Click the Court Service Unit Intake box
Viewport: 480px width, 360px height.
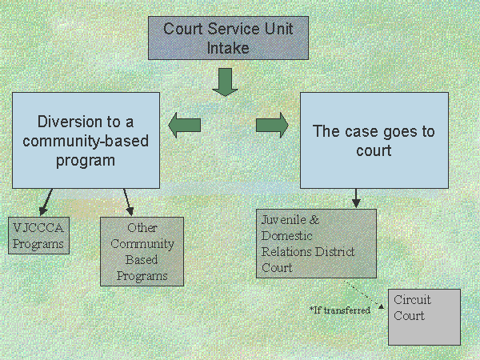point(228,38)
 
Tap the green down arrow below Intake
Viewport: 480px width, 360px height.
point(226,82)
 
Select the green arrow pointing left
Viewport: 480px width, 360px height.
point(184,124)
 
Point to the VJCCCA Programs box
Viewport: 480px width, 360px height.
point(39,235)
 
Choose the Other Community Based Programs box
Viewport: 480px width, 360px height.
point(142,251)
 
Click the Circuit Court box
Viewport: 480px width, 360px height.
point(424,316)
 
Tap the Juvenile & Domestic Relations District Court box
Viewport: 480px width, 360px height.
point(317,243)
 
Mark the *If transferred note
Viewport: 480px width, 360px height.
point(339,310)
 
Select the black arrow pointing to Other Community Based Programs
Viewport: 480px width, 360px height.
point(127,201)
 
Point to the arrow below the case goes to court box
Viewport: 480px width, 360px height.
point(356,198)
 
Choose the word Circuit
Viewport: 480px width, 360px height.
point(412,300)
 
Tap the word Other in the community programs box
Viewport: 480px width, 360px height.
point(142,227)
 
